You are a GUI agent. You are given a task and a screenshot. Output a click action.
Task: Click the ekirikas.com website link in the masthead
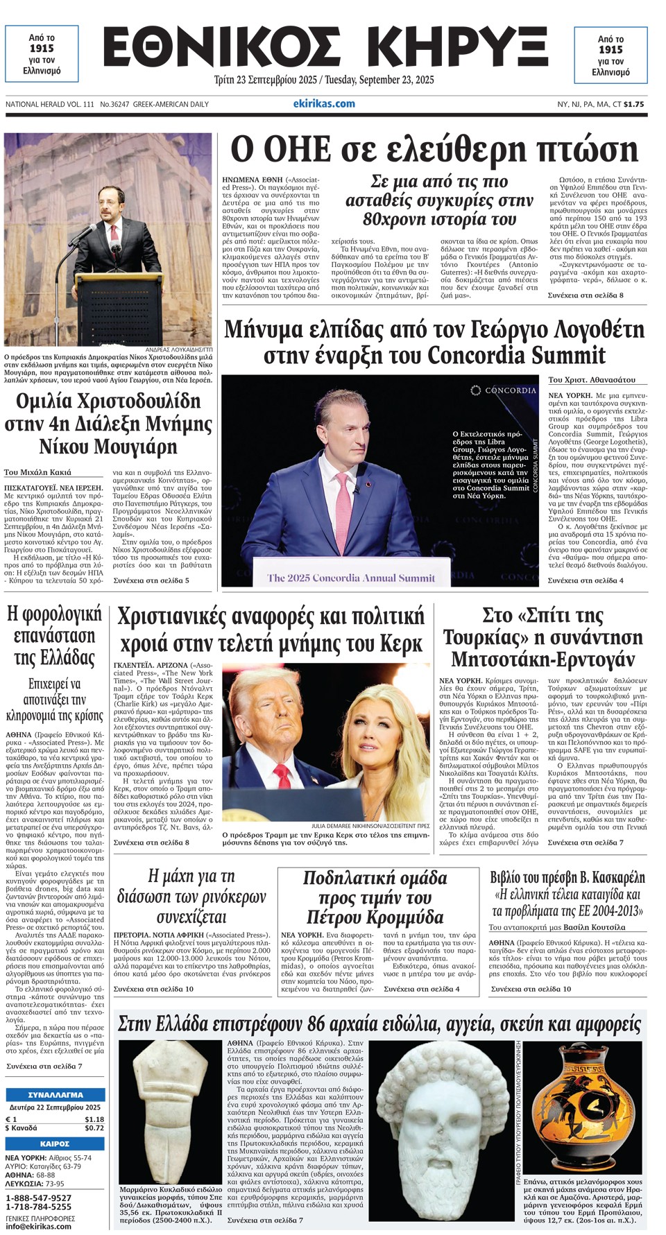pyautogui.click(x=324, y=104)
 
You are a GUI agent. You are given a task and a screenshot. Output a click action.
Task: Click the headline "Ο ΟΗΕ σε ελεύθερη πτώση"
pyautogui.click(x=434, y=150)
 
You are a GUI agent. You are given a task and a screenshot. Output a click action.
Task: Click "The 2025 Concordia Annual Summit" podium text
pyautogui.click(x=352, y=578)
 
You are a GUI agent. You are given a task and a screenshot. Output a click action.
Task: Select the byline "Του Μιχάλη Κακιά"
pyautogui.click(x=38, y=472)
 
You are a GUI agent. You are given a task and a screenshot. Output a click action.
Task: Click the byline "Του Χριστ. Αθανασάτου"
pyautogui.click(x=591, y=380)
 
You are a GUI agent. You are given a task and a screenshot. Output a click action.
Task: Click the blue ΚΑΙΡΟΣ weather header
pyautogui.click(x=54, y=1143)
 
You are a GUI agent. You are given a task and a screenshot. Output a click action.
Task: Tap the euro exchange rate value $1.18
pyautogui.click(x=94, y=1119)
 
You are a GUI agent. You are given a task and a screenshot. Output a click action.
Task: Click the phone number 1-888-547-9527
pyautogui.click(x=38, y=1198)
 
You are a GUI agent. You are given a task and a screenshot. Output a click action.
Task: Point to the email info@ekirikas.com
pyautogui.click(x=38, y=1226)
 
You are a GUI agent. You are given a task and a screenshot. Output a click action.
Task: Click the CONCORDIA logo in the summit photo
pyautogui.click(x=504, y=390)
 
